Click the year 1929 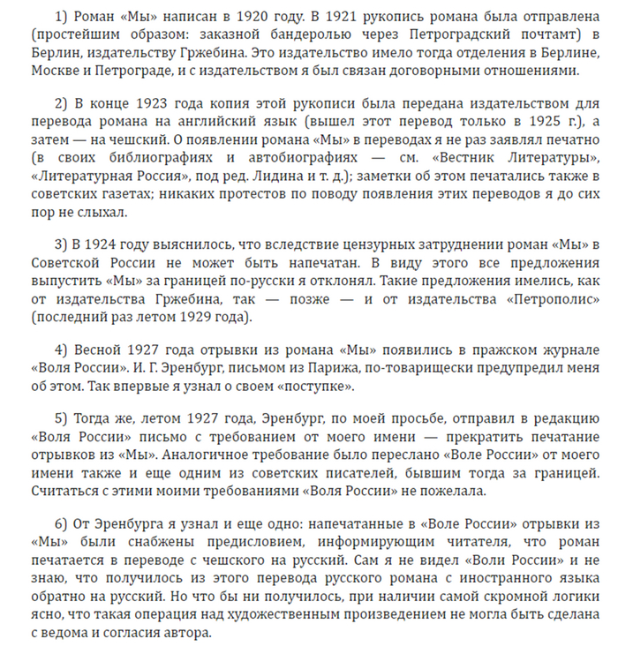tap(196, 316)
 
